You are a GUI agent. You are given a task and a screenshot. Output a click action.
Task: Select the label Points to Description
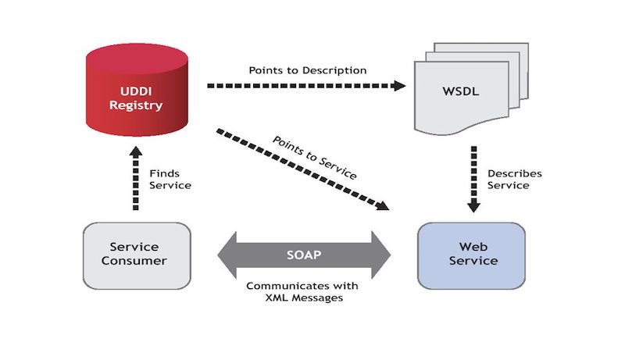pos(308,70)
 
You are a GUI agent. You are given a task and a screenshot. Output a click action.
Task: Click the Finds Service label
pos(170,179)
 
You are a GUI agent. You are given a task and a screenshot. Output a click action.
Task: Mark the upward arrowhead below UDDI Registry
pos(134,156)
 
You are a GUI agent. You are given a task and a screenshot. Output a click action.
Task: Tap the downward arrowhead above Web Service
pos(473,205)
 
